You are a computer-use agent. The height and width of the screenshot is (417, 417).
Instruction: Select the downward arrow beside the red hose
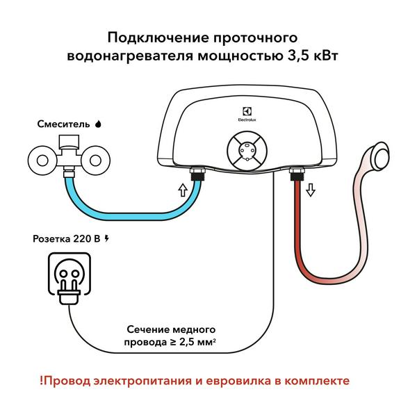(x=310, y=189)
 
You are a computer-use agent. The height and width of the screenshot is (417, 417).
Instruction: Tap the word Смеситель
(x=63, y=124)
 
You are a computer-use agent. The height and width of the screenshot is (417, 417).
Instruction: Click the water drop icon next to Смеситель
(x=97, y=124)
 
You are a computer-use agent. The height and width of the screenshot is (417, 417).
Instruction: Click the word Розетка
(x=51, y=239)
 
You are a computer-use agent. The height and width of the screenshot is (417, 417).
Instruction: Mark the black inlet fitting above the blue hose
(x=196, y=172)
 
